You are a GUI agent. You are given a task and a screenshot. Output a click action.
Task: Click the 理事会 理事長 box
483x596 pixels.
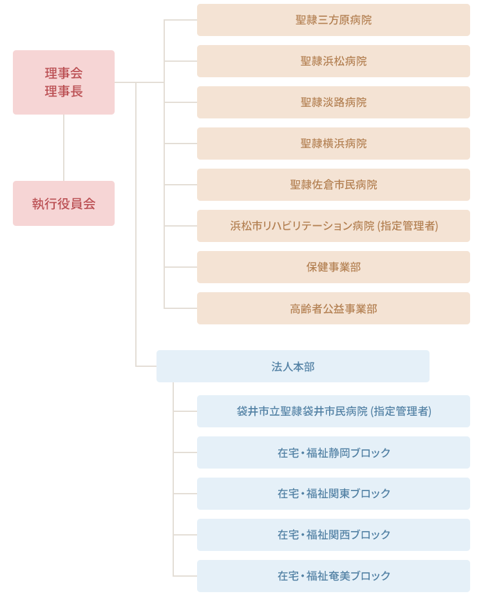[64, 82]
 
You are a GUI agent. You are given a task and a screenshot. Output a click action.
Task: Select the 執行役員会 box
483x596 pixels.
[64, 203]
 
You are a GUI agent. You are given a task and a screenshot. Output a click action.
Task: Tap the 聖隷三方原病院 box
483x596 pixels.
[334, 20]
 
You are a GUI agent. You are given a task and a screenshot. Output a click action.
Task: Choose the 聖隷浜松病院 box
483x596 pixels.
[334, 61]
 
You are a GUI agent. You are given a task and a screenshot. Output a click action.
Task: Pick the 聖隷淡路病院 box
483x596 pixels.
[334, 102]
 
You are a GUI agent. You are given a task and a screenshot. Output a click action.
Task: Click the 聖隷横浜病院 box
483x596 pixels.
[334, 144]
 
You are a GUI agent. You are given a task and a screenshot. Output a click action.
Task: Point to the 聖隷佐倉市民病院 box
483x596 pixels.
[334, 185]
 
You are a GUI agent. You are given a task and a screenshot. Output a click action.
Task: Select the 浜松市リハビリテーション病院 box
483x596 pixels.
[334, 226]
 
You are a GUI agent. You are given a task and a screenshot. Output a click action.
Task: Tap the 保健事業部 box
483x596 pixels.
[334, 267]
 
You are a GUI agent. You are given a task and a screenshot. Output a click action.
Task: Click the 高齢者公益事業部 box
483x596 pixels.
[334, 308]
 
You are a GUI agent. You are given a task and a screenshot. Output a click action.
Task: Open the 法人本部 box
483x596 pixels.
[293, 366]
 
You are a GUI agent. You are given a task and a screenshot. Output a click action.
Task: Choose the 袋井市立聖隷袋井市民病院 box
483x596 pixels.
[334, 411]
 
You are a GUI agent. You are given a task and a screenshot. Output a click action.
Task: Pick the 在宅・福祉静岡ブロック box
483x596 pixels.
[334, 452]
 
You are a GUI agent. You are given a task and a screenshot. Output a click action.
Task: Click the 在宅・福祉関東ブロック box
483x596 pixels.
[334, 494]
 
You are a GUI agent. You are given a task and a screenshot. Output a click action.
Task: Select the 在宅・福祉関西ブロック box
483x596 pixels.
[334, 535]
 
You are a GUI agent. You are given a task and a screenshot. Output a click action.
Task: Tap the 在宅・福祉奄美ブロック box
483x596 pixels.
[334, 576]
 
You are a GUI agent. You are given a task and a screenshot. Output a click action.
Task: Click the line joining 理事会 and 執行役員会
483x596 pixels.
[64, 147]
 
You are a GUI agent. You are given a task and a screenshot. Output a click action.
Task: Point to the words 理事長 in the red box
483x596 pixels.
[64, 91]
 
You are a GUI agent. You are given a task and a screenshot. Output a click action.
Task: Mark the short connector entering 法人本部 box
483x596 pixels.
[146, 366]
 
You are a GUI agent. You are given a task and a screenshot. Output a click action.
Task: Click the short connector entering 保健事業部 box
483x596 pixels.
[181, 267]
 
